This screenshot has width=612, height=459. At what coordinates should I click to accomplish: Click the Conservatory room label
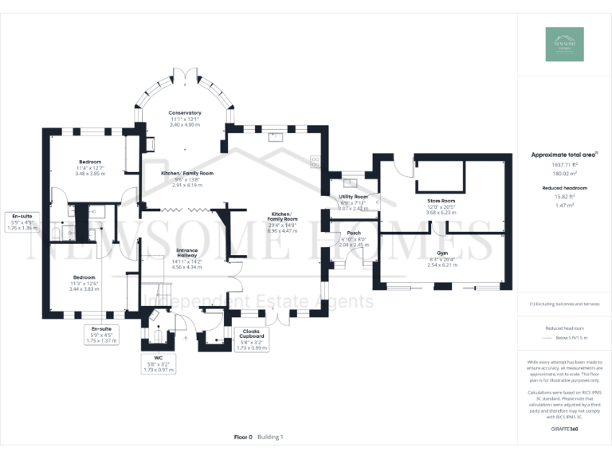point(185,113)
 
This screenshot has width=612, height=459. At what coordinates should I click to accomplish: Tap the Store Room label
point(440,201)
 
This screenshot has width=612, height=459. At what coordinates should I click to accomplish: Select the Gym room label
point(442,252)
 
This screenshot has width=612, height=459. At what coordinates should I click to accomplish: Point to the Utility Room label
point(353,196)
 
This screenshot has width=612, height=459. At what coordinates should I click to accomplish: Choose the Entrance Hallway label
point(186,253)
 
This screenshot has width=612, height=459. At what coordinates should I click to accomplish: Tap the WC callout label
point(158,359)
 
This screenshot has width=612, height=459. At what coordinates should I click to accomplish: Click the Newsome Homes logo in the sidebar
point(564,45)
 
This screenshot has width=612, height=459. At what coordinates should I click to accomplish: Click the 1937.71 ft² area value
point(564,165)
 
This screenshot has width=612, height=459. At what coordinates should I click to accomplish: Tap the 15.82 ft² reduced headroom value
point(564,195)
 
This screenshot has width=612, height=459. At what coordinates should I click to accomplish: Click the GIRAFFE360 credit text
point(564,430)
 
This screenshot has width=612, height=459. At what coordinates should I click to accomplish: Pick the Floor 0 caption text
point(243,437)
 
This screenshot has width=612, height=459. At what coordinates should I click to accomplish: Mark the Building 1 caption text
point(270,437)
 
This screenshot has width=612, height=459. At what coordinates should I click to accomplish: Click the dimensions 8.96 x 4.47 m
point(283,230)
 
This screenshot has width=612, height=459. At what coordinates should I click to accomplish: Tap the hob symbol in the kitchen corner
point(314,160)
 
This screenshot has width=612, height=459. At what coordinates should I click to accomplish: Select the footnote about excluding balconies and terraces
point(564,304)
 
